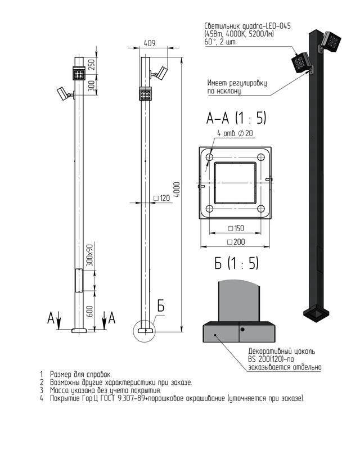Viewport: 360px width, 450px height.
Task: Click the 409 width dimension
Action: coord(150,43)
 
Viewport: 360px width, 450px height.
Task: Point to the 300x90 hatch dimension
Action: coord(90,255)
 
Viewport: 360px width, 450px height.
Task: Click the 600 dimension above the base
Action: coord(89,312)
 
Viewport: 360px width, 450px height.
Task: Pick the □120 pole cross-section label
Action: coord(162,198)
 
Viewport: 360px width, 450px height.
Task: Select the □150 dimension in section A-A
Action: coord(236,228)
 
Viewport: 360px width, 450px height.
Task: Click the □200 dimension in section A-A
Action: coord(236,242)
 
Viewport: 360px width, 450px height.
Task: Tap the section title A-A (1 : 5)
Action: coord(236,118)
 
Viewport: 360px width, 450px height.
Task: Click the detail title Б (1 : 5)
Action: coord(236,263)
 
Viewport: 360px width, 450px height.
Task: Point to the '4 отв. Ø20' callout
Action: coord(235,133)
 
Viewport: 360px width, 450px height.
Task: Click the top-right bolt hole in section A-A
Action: coord(260,157)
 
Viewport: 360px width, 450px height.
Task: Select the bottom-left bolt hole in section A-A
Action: coord(210,209)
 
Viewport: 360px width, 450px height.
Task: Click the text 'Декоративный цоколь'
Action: coord(282,351)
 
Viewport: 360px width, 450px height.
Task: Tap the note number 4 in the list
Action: coord(42,398)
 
